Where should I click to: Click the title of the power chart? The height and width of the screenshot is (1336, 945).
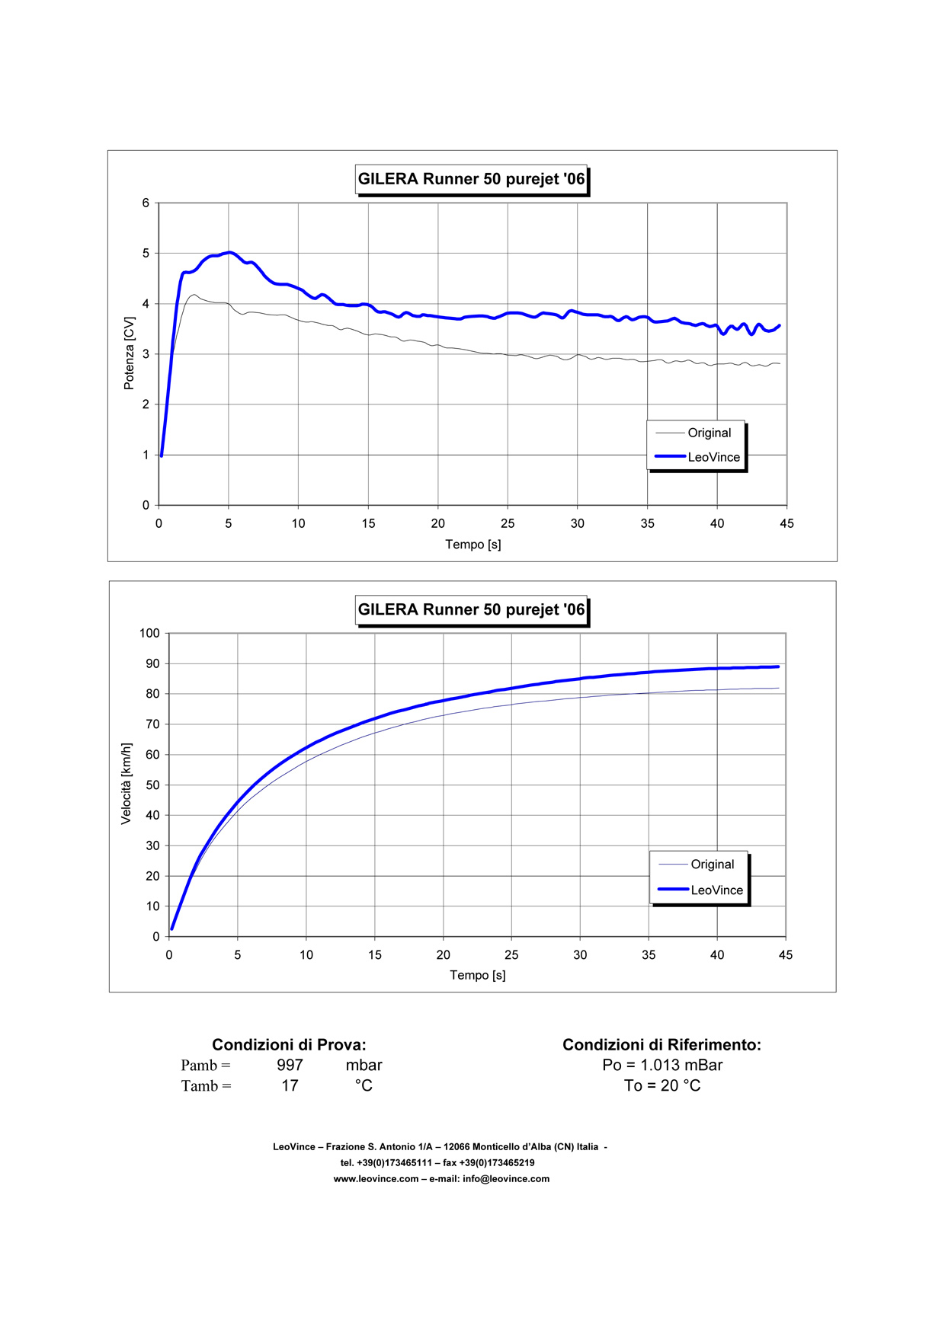pyautogui.click(x=471, y=180)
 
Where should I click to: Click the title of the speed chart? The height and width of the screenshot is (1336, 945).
pyautogui.click(x=471, y=610)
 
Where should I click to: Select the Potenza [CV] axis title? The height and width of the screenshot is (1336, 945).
pyautogui.click(x=130, y=353)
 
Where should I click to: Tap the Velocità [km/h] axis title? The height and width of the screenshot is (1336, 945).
pyautogui.click(x=127, y=784)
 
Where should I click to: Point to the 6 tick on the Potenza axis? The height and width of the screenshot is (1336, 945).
pyautogui.click(x=146, y=203)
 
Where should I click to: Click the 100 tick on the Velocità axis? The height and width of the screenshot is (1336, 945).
pyautogui.click(x=149, y=634)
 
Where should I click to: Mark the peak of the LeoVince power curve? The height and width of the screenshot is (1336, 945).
pyautogui.click(x=229, y=252)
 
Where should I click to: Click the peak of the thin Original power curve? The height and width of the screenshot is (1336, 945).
pyautogui.click(x=194, y=295)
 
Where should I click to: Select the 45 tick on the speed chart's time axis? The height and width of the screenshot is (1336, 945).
pyautogui.click(x=786, y=955)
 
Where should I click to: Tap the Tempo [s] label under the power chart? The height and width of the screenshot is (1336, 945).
pyautogui.click(x=473, y=545)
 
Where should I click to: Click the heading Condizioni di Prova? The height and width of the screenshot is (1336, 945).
pyautogui.click(x=289, y=1045)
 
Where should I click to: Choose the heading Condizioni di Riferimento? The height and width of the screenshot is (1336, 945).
pyautogui.click(x=661, y=1045)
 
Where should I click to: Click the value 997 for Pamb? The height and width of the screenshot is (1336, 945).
pyautogui.click(x=290, y=1066)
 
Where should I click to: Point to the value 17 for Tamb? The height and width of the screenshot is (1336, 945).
pyautogui.click(x=290, y=1086)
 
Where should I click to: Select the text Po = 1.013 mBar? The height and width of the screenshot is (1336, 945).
pyautogui.click(x=662, y=1066)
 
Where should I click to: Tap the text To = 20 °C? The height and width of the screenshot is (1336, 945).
pyautogui.click(x=662, y=1086)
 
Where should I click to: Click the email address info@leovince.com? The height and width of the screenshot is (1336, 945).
pyautogui.click(x=506, y=1179)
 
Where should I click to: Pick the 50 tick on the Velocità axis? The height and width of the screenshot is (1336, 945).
pyautogui.click(x=152, y=785)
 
